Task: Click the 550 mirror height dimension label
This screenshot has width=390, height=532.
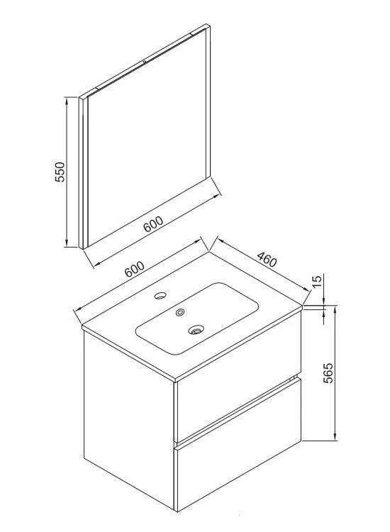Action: (x=60, y=172)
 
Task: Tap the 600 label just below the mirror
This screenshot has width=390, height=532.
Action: (x=153, y=224)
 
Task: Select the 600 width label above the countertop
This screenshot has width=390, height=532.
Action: (x=135, y=270)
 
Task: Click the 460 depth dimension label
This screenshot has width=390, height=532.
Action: (x=267, y=259)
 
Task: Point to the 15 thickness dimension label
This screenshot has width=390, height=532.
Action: (x=316, y=282)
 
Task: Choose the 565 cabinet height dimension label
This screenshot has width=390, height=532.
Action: (x=328, y=373)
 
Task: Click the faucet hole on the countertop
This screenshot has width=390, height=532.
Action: (x=160, y=295)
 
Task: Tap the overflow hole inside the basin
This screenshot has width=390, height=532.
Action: (x=180, y=312)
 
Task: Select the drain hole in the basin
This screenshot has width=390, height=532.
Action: (x=196, y=329)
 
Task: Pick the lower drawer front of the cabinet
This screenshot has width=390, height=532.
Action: (x=238, y=445)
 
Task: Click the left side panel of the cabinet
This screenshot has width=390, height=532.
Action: (x=129, y=420)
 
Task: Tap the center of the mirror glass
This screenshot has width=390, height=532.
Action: (x=148, y=135)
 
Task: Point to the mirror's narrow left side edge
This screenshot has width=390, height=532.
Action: (x=82, y=173)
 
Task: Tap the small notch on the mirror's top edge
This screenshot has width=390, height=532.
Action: (x=145, y=62)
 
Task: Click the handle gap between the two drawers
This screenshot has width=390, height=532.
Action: (x=238, y=409)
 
